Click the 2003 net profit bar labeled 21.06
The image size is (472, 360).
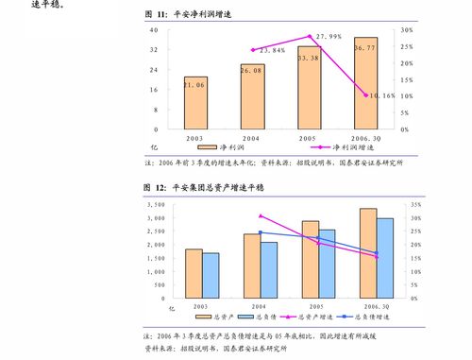coord(195,103)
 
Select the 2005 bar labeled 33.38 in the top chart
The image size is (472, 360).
coord(309,88)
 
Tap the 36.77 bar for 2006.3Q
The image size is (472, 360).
coord(365,83)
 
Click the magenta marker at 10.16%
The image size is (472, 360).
coord(366,94)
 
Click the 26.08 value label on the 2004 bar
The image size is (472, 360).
coord(251,71)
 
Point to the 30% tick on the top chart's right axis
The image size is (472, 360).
coord(406,30)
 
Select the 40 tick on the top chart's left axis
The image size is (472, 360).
coord(153,30)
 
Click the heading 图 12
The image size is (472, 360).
coord(155,187)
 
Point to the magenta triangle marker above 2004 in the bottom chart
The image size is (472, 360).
coord(261,216)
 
